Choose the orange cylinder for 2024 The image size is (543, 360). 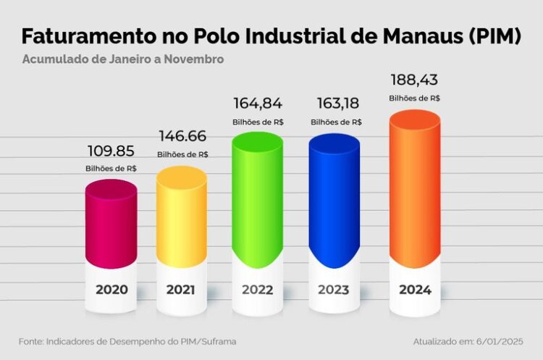click(414, 188)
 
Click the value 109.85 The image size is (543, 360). click(111, 151)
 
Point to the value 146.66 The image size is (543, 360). click(182, 136)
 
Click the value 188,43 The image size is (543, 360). click(415, 79)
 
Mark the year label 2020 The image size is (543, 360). click(111, 290)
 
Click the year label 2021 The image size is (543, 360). click(182, 290)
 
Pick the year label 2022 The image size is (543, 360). click(257, 290)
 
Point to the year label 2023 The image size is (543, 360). click(333, 290)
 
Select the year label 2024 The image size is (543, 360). click(415, 290)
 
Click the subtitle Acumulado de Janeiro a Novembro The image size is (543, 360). click(122, 59)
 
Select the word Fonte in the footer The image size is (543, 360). click(30, 340)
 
